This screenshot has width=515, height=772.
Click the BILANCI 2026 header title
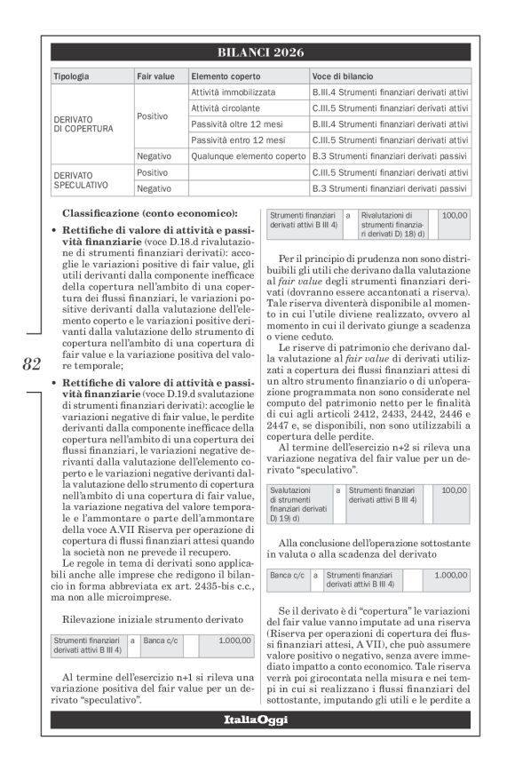point(260,52)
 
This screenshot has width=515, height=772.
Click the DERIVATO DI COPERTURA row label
point(83,123)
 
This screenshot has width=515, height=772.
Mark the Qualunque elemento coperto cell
point(248,156)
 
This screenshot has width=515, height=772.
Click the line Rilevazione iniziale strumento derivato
point(152,618)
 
